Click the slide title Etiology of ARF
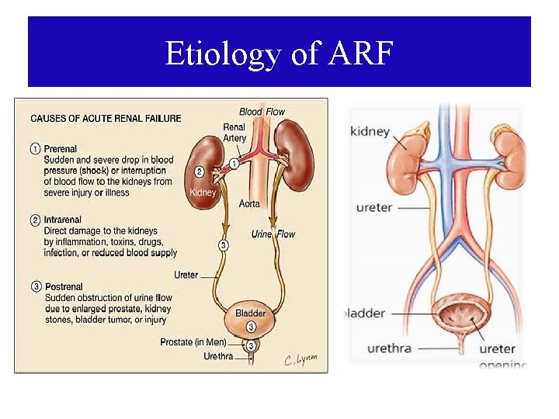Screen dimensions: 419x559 279,54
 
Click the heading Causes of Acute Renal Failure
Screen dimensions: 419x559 106,119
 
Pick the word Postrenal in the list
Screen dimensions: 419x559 65,287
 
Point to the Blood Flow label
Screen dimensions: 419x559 262,112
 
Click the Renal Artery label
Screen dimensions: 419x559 234,133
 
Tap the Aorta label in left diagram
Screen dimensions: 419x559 249,203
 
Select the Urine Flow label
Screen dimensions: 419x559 273,234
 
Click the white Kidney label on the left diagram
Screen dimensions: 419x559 203,192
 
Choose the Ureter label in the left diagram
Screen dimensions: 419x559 186,275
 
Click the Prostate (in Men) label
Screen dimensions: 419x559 193,342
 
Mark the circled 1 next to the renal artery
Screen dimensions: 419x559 234,164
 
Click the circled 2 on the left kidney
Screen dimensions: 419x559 200,171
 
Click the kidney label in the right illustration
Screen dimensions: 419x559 370,131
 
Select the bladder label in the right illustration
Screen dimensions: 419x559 364,313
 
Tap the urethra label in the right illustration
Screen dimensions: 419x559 379,348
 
